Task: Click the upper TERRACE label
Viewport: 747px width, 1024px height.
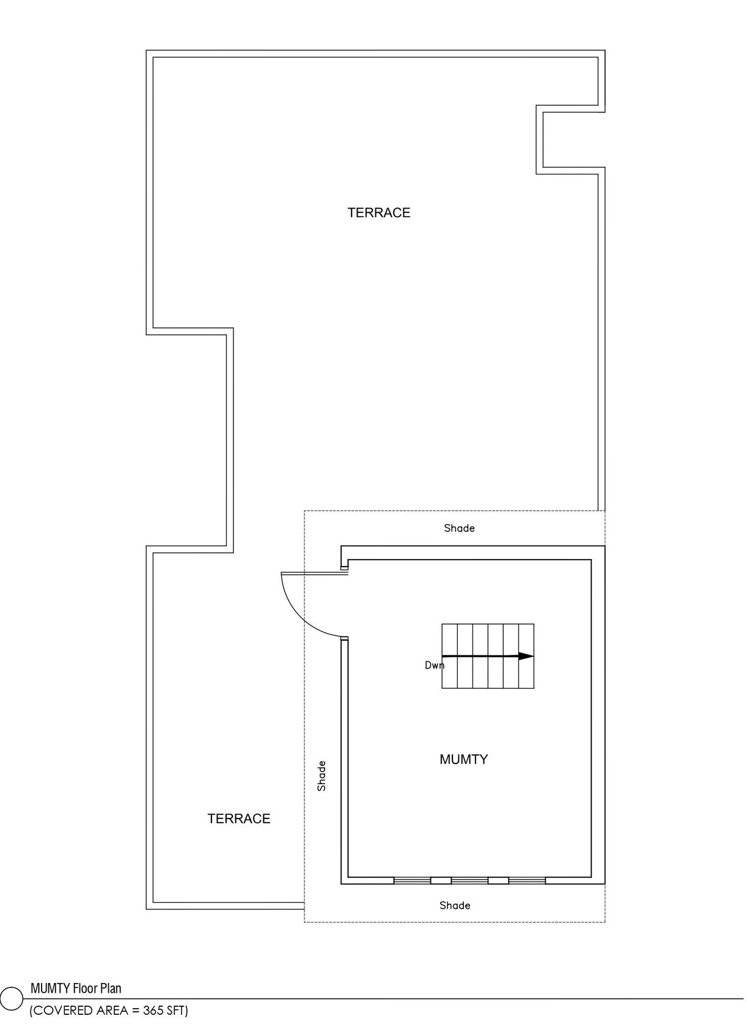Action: tap(379, 213)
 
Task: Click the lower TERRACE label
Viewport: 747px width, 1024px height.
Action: tap(239, 818)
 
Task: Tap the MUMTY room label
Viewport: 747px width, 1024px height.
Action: tap(464, 759)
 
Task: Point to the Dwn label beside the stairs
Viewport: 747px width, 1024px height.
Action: tap(434, 665)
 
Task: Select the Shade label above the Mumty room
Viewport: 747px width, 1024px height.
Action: tap(459, 528)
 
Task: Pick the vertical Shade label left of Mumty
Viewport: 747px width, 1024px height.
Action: tap(322, 776)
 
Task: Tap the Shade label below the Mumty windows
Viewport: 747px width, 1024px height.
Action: tap(455, 905)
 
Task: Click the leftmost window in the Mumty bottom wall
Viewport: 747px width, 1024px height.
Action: tap(412, 880)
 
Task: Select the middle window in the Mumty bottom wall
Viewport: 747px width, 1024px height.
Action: tap(469, 880)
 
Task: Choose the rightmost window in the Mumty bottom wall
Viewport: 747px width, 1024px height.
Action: tap(528, 880)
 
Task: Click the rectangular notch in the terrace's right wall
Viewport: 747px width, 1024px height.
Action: tap(571, 139)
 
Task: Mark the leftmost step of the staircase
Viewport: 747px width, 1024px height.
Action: tap(449, 656)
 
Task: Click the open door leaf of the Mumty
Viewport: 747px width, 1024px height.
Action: tap(315, 573)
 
